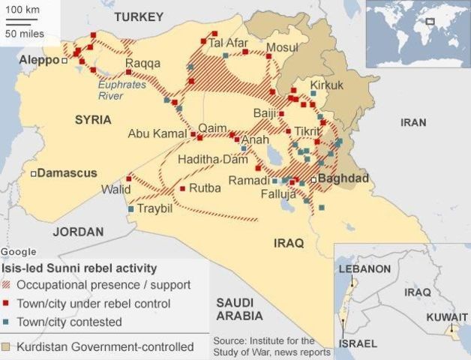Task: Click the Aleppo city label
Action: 38,60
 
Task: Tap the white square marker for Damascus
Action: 34,173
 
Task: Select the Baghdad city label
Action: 343,178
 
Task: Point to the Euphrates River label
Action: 121,90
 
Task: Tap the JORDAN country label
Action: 78,231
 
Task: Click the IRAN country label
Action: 413,122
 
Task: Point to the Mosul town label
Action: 282,47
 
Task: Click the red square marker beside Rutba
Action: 182,188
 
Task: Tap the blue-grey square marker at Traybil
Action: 131,208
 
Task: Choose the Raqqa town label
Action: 143,63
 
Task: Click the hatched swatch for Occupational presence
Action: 7,285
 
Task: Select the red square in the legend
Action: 7,304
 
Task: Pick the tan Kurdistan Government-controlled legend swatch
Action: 7,347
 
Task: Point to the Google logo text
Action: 18,251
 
